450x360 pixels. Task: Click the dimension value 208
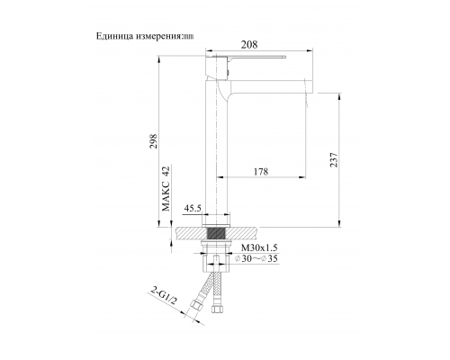pos(251,44)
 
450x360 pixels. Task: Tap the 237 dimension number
pos(334,158)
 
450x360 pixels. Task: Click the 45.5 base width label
pos(192,209)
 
